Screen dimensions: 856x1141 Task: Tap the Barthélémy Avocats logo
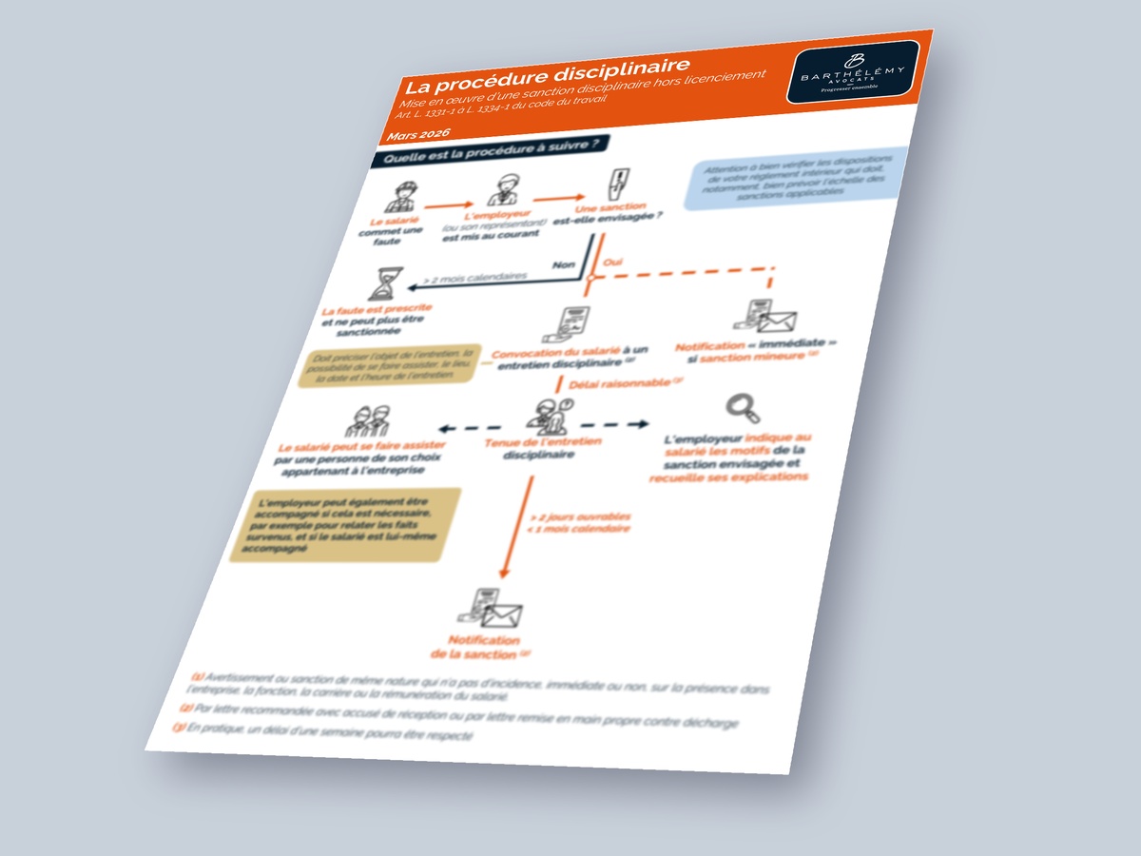pos(853,71)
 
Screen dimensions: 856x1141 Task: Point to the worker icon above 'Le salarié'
pos(399,198)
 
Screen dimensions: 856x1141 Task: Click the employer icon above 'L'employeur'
pos(502,190)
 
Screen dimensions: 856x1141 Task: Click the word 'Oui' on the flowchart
pos(612,261)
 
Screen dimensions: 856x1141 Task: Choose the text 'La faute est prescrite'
pos(377,310)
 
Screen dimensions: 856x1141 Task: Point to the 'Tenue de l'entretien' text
pos(542,442)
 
